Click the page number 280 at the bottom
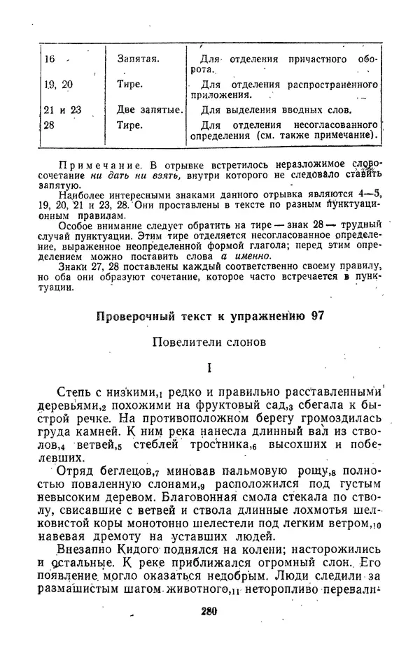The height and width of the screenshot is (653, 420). click(209, 610)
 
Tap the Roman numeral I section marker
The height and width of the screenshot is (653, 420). click(209, 368)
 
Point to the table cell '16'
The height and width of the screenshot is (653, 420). click(50, 59)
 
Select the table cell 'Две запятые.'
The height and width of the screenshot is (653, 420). click(150, 110)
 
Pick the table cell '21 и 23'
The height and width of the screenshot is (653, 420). click(62, 110)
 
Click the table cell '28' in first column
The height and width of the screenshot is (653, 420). click(49, 125)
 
